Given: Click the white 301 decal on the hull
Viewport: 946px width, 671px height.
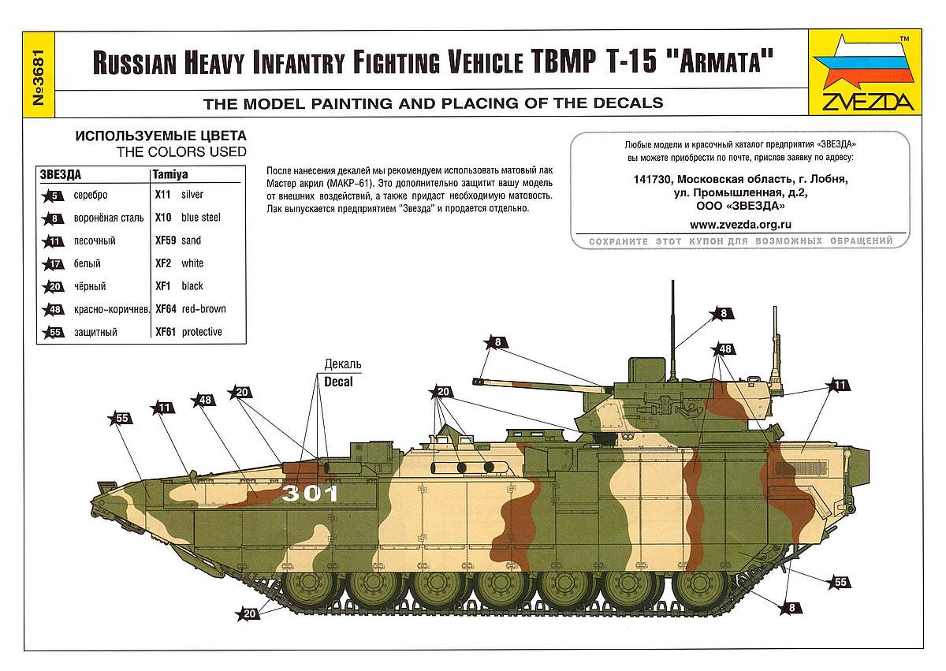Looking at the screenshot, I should (x=310, y=494).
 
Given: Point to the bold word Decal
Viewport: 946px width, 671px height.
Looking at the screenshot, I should (x=338, y=379).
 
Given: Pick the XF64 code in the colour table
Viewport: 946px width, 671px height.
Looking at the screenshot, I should (x=166, y=309).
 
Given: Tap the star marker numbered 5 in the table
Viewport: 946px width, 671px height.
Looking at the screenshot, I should (x=54, y=195).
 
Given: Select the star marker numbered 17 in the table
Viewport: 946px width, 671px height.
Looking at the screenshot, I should (x=54, y=263).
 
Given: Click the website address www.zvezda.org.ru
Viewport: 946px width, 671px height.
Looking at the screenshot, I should (x=740, y=225).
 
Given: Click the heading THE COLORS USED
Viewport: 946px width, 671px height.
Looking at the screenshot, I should (x=181, y=151).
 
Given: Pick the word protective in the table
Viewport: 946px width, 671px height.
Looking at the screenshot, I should (x=202, y=332).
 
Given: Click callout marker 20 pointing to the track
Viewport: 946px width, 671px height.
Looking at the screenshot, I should (x=251, y=613).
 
